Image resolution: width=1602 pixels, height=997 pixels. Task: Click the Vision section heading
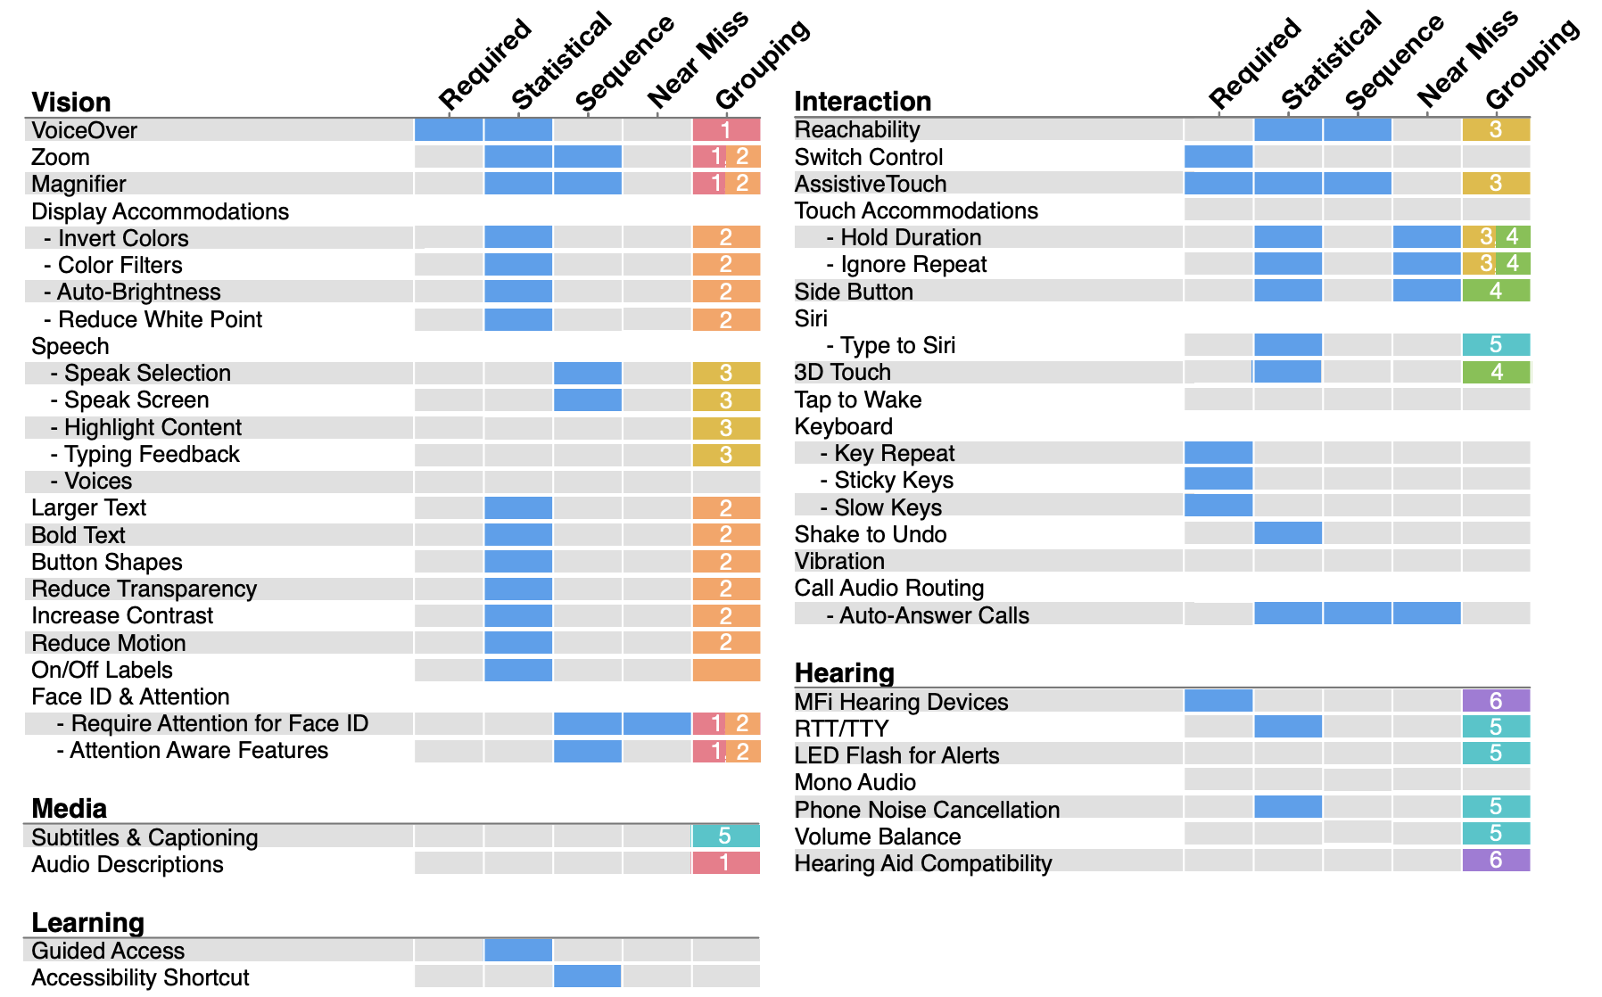(x=71, y=102)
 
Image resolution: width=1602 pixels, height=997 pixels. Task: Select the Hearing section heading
(x=844, y=672)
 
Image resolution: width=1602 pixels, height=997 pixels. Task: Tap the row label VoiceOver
(x=84, y=130)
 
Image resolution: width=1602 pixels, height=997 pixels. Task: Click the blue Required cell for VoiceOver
(x=449, y=129)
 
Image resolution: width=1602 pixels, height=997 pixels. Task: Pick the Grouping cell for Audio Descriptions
(x=726, y=862)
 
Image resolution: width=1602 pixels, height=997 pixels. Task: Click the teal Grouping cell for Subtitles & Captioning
(x=726, y=836)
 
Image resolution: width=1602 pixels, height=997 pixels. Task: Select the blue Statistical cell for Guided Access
(x=518, y=950)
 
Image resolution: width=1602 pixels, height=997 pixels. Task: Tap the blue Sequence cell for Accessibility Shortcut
(x=588, y=976)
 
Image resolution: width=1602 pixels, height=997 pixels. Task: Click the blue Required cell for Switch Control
(x=1218, y=156)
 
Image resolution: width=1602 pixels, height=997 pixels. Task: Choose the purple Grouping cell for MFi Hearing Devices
(x=1496, y=700)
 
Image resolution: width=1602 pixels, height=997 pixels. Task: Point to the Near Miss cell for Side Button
(x=1427, y=290)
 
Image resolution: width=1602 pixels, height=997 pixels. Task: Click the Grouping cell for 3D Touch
(x=1496, y=371)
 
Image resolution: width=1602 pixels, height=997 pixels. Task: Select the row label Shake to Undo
(x=871, y=534)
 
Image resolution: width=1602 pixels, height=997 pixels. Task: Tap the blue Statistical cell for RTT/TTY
(x=1288, y=727)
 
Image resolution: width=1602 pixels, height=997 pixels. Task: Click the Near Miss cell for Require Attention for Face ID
(x=657, y=723)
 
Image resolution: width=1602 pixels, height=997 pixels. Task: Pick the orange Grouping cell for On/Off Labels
(x=726, y=670)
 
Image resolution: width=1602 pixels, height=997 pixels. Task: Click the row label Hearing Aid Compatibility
(x=923, y=863)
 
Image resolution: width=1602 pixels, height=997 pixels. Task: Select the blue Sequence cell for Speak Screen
(x=588, y=400)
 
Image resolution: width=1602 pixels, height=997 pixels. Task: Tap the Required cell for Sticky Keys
(x=1218, y=479)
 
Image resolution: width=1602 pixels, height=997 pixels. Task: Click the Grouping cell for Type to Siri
(x=1496, y=344)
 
